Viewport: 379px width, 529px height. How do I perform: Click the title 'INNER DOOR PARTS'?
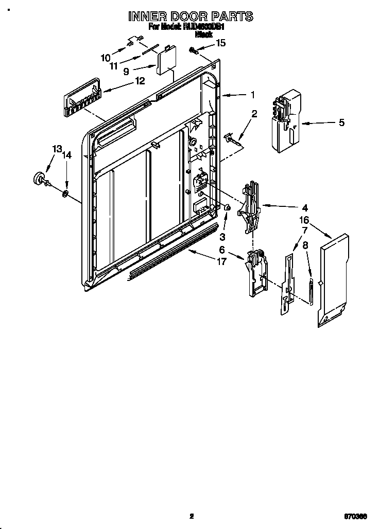point(190,16)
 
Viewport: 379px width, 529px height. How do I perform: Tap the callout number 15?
point(220,43)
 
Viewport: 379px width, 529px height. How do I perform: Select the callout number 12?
point(140,80)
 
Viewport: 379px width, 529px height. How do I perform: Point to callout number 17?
point(221,261)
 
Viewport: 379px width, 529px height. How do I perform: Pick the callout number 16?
point(304,220)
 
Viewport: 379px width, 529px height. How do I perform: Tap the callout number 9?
point(126,72)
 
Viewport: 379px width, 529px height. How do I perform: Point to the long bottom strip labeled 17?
point(170,252)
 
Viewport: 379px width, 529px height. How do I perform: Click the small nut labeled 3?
point(226,207)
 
